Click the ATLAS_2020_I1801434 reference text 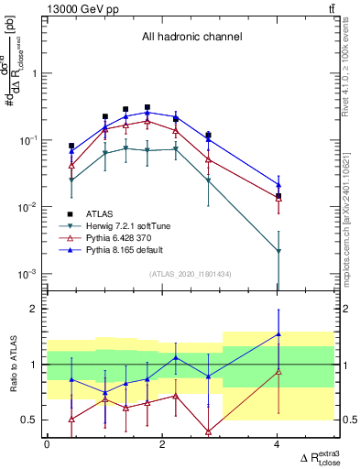tap(191, 273)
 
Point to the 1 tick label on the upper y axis tap(38, 73)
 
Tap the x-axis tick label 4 tap(278, 445)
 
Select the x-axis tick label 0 tap(47, 445)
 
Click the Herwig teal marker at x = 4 tap(278, 250)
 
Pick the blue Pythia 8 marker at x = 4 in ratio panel tap(278, 334)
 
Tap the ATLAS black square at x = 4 tap(278, 196)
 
